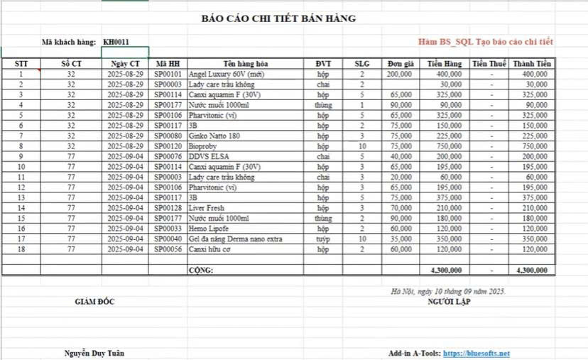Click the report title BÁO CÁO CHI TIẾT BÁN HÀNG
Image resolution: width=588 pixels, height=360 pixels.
278,18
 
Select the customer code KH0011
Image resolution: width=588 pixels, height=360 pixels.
116,42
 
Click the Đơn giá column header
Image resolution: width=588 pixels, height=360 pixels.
400,64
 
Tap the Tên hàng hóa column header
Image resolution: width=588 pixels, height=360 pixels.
245,64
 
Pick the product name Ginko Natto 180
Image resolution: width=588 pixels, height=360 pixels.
214,135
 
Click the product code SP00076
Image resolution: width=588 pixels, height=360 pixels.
168,156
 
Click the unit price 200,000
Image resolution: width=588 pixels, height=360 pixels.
400,74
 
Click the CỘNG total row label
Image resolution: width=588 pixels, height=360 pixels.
202,271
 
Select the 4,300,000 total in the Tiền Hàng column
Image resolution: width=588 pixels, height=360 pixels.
445,271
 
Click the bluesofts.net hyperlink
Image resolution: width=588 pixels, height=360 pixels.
477,353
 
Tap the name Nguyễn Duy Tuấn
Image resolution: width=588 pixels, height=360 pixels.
96,353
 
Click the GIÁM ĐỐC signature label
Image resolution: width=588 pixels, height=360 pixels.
94,302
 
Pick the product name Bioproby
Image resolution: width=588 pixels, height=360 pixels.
205,146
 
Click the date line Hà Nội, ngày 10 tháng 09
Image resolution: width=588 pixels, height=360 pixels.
447,291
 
